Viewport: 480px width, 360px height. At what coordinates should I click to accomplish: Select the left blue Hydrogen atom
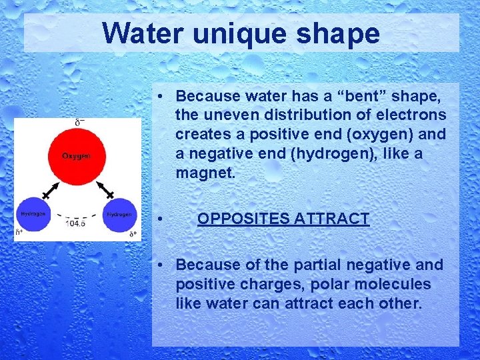point(33,215)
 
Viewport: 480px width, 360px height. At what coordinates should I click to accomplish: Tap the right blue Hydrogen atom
point(119,215)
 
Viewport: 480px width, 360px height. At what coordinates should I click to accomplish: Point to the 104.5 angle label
point(76,223)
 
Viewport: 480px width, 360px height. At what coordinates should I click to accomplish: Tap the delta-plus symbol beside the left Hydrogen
point(19,233)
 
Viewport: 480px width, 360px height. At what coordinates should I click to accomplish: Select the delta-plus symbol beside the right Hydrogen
point(133,234)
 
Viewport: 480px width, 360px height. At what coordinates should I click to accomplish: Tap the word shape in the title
point(340,33)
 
